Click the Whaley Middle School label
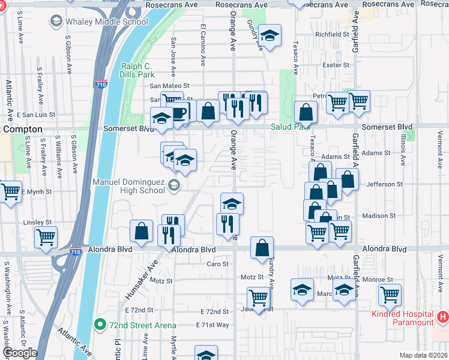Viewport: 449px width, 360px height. tap(106, 22)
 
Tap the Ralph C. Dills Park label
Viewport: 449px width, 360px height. tap(138, 70)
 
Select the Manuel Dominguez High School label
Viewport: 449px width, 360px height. tap(128, 185)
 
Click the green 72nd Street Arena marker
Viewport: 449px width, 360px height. tap(101, 325)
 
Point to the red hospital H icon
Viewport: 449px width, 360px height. tap(443, 316)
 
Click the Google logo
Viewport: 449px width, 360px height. tap(20, 353)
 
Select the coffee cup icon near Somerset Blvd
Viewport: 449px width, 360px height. tap(180, 112)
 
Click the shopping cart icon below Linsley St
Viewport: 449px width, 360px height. tap(46, 236)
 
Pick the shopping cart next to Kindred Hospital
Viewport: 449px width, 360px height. tap(390, 294)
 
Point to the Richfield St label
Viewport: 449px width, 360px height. tap(332, 35)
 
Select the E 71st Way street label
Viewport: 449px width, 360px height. tap(212, 325)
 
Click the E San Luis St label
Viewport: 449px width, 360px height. tap(35, 114)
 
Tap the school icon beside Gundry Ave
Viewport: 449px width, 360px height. tap(270, 36)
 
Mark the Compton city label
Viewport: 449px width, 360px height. tap(23, 129)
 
